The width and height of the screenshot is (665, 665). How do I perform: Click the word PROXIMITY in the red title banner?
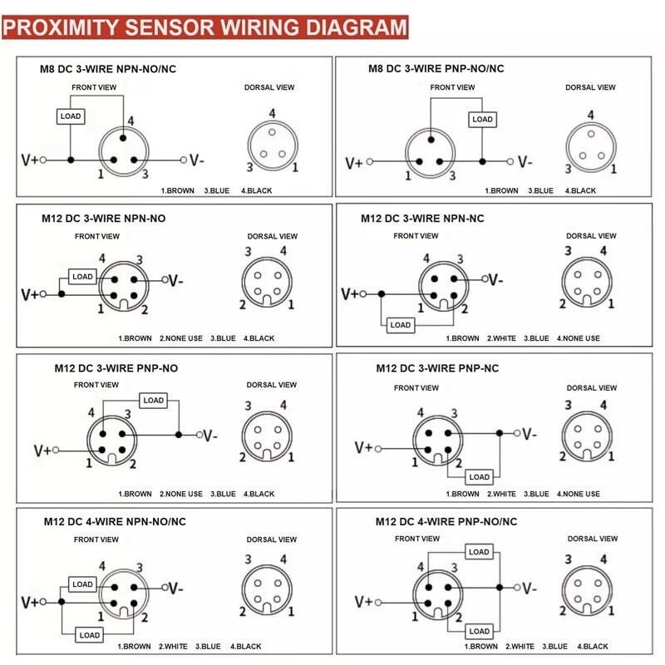tap(62, 27)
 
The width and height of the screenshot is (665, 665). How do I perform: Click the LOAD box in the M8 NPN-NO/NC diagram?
tap(71, 116)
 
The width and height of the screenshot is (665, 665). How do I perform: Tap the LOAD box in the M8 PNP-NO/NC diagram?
tap(483, 119)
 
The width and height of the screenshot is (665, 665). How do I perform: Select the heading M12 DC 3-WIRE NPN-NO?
tap(103, 219)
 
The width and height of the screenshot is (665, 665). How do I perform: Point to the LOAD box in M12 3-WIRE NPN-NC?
tap(401, 325)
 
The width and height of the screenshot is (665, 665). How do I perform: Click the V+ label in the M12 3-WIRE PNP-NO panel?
tap(43, 450)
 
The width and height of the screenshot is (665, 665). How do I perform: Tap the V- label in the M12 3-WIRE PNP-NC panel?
tap(530, 434)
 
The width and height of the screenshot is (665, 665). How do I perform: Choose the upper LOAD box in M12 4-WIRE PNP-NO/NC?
tap(480, 552)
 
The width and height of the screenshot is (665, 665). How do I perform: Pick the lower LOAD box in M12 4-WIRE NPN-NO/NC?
tap(90, 635)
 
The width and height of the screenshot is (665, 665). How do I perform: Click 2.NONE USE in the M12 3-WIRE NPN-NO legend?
tap(181, 338)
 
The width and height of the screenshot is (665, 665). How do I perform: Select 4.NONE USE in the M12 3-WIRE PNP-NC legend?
tap(579, 494)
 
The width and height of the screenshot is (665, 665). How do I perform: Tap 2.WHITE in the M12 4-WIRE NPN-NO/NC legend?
tap(173, 647)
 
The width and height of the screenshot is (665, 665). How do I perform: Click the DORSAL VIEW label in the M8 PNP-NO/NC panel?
tap(590, 87)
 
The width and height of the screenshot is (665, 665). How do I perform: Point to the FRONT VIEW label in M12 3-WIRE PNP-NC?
tap(416, 387)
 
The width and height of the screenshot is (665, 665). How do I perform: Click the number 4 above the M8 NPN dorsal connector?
tap(273, 113)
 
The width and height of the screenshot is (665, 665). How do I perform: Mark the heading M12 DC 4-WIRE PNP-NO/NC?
tap(446, 522)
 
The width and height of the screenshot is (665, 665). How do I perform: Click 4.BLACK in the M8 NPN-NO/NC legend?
tap(257, 191)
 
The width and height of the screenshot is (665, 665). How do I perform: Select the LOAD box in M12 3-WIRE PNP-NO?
tap(154, 401)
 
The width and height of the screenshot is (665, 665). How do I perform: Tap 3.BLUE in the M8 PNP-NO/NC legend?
tap(541, 191)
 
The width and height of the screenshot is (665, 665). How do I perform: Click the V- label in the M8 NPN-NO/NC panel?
tap(197, 160)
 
